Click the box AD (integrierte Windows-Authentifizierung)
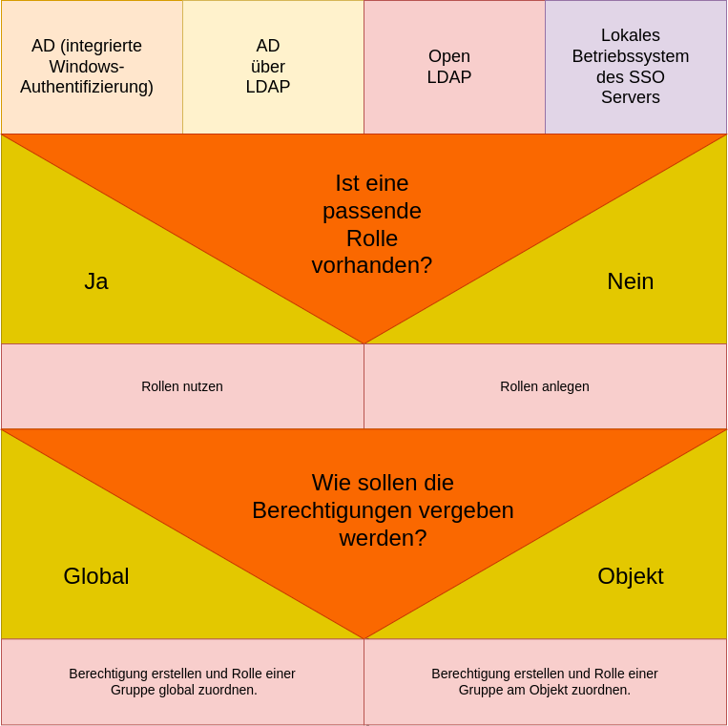point(87,67)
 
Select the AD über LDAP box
point(268,67)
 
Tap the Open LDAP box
point(449,67)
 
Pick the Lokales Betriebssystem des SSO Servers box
point(631,67)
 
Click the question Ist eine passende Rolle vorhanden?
point(371,223)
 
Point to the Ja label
point(96,281)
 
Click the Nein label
point(630,281)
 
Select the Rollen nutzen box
point(182,386)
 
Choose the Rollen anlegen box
point(545,386)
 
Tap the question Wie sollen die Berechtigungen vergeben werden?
point(383,509)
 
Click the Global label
point(96,576)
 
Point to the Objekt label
point(630,576)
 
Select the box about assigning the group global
point(182,681)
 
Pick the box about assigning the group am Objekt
point(545,681)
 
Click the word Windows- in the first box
point(87,67)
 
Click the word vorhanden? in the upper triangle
point(371,265)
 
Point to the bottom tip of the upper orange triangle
point(364,341)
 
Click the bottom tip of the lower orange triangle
point(364,635)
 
